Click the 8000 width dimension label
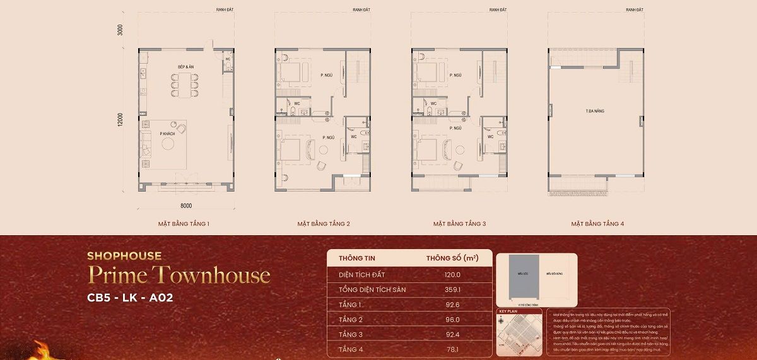(x=185, y=205)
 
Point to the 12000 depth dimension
(x=119, y=119)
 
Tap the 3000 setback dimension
(x=119, y=30)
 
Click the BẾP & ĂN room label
(x=184, y=66)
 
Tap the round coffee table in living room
(x=168, y=144)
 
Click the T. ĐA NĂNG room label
(x=595, y=111)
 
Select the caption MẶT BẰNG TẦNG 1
(x=184, y=224)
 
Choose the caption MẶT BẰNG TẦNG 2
(x=324, y=224)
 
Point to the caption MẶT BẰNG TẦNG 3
(x=459, y=224)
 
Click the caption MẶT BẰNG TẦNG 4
(x=597, y=224)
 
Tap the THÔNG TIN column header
(x=357, y=258)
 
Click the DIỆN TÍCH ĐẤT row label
(x=361, y=275)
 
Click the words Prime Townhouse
(x=179, y=276)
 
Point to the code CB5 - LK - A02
(x=130, y=298)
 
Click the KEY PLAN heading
(x=508, y=311)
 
